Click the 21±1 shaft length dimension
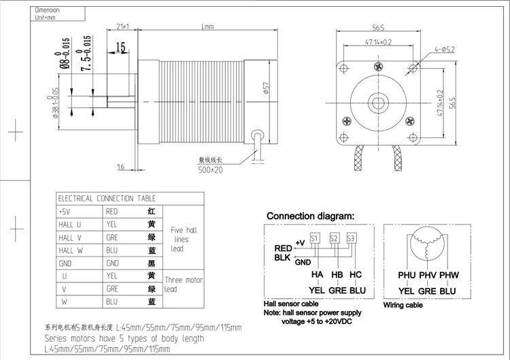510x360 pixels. pos(123,27)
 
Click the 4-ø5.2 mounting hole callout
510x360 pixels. pos(444,49)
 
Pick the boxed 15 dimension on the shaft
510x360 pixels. pos(121,47)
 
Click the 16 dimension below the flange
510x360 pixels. pos(120,167)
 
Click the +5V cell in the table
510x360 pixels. pos(66,212)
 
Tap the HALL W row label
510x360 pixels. pos(70,250)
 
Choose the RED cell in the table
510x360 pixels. pos(112,212)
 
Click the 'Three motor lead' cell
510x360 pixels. pos(184,283)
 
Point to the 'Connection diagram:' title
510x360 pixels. pos(310,216)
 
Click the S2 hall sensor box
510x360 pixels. pos(334,238)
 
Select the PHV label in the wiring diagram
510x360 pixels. pos(427,275)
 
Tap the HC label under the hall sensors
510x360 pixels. pos(355,274)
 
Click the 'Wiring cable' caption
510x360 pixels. pos(403,306)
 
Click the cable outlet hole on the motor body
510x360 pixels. pos(256,133)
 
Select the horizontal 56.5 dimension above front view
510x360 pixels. pos(379,27)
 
